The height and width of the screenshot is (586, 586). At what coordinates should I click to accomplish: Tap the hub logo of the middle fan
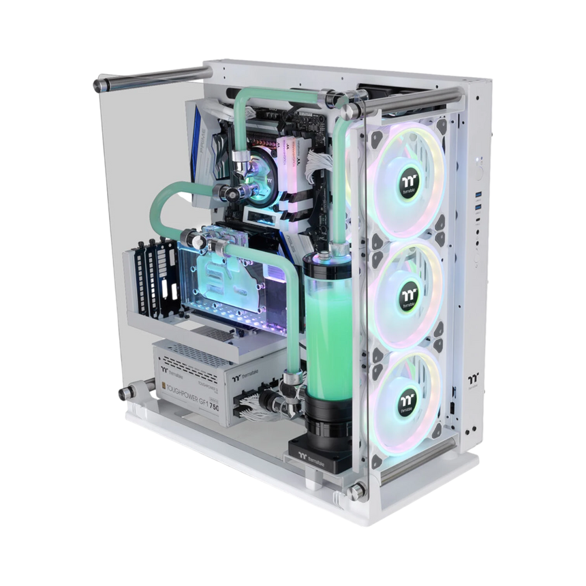pos(401,290)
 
